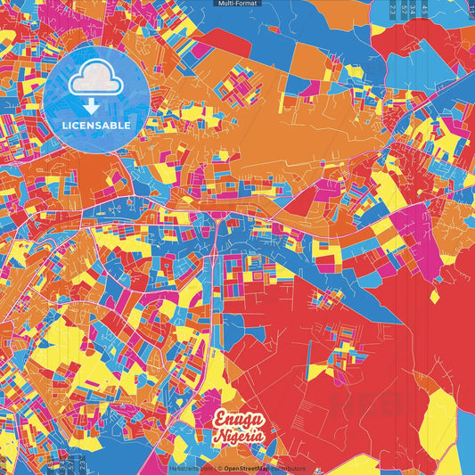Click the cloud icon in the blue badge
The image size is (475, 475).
[96, 81]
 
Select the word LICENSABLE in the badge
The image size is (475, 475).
[96, 126]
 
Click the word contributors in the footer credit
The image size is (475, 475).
[287, 468]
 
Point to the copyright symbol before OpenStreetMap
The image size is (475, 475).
[219, 468]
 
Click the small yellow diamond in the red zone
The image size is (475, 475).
[434, 295]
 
